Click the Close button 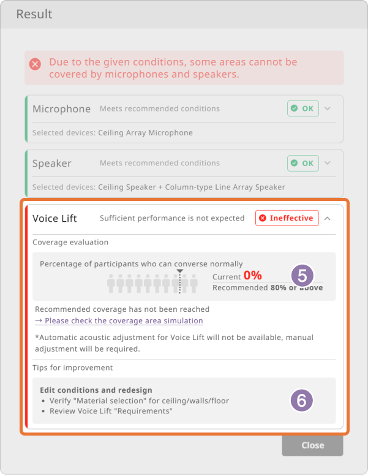click(x=312, y=445)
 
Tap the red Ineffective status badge click(x=287, y=218)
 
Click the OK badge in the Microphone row click(x=302, y=108)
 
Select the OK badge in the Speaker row click(x=302, y=163)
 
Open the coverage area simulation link click(x=119, y=321)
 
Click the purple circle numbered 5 click(x=302, y=276)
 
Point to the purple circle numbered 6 click(x=301, y=401)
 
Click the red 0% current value click(x=253, y=275)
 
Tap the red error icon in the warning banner click(x=35, y=64)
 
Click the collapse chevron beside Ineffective click(x=328, y=218)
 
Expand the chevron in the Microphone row click(x=328, y=108)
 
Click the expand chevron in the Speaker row click(x=328, y=163)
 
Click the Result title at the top click(x=34, y=14)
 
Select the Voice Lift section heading click(x=54, y=218)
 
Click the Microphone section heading click(x=62, y=108)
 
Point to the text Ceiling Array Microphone click(x=145, y=133)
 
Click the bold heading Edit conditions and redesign click(x=96, y=390)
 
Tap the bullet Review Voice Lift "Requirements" click(x=111, y=411)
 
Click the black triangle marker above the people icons click(x=180, y=271)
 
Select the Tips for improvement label click(x=72, y=368)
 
